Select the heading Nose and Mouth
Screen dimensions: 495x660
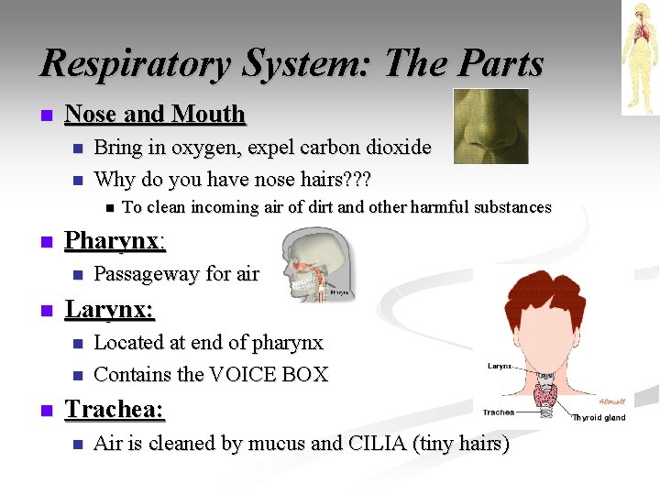[x=156, y=115]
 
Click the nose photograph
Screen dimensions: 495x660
[x=491, y=126]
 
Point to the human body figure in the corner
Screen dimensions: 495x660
[x=639, y=57]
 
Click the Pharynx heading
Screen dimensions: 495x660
[x=114, y=241]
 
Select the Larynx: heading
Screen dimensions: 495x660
[x=109, y=310]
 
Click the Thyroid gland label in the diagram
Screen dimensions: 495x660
[x=599, y=417]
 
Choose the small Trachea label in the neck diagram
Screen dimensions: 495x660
[x=499, y=412]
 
